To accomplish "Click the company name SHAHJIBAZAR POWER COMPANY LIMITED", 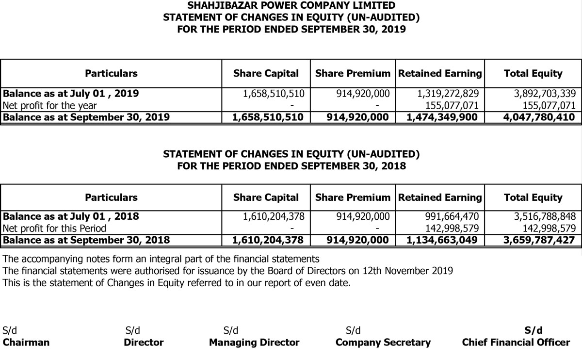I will pos(291,6).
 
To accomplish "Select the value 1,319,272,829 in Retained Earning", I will pos(448,94).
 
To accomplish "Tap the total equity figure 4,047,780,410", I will pos(533,117).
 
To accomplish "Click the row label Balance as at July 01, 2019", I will pos(71,94).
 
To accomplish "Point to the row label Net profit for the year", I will pos(49,105).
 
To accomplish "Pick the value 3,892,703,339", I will pos(544,94).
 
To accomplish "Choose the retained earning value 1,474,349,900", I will pos(441,117).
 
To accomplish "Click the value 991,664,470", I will pos(451,216).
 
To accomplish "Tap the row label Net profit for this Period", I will pos(54,228).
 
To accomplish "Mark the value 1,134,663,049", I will pos(441,240).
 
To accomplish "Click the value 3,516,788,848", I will pos(544,216).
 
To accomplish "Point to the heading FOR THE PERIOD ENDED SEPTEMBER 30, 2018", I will pos(291,165).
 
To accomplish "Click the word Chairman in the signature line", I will pos(26,343).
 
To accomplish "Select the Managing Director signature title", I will pos(254,343).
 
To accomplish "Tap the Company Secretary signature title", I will pos(383,343).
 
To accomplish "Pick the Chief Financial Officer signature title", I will pos(516,343).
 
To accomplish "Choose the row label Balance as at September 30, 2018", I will pos(86,240).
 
